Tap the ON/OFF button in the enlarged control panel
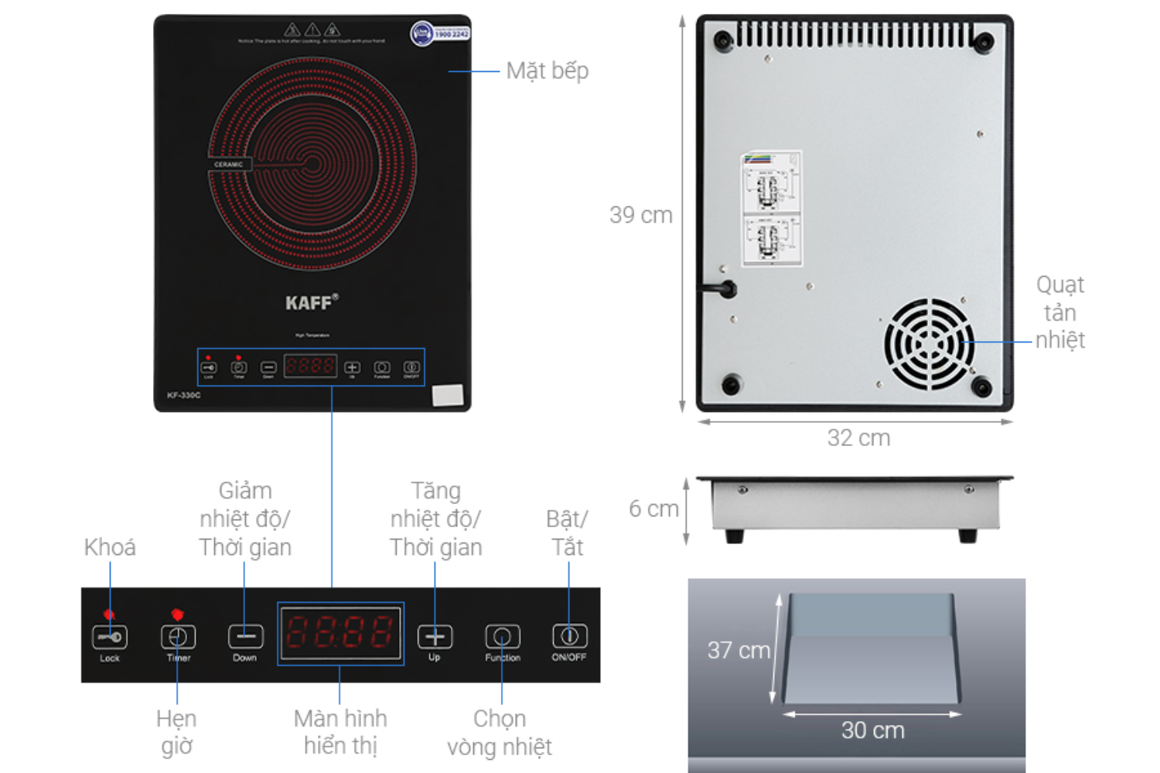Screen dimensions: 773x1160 click(x=569, y=636)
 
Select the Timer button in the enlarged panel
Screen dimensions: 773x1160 click(x=178, y=637)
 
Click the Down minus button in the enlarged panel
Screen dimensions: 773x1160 click(x=245, y=637)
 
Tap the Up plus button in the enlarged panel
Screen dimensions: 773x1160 click(x=435, y=637)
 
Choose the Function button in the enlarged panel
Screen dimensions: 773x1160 click(x=503, y=637)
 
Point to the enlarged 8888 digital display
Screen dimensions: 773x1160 click(x=340, y=633)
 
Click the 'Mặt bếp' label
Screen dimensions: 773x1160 click(x=548, y=71)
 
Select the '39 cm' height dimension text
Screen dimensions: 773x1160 click(x=640, y=215)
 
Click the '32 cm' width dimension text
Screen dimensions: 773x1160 click(x=858, y=438)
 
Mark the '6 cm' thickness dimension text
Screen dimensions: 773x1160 click(x=653, y=509)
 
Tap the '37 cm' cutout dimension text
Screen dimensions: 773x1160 click(x=739, y=650)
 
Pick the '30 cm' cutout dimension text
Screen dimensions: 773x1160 click(x=872, y=730)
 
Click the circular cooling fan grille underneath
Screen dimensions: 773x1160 click(x=929, y=343)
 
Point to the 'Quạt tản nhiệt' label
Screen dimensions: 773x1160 click(x=1060, y=312)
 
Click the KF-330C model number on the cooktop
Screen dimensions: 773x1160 click(x=183, y=395)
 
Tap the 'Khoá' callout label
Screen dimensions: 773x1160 click(x=110, y=547)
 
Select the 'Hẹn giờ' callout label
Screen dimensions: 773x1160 click(x=176, y=732)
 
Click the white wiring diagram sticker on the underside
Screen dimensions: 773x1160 click(x=771, y=209)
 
